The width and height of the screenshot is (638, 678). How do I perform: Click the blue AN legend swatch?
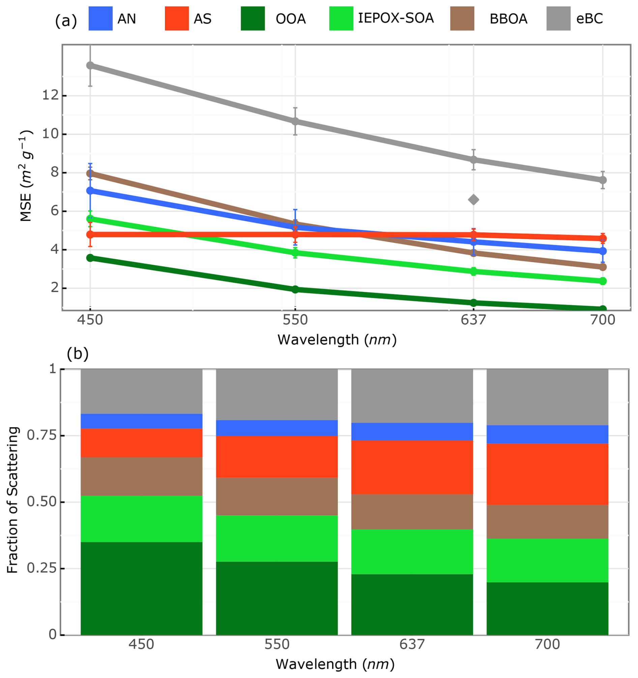click(100, 19)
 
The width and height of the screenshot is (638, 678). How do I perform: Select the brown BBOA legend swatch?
click(462, 19)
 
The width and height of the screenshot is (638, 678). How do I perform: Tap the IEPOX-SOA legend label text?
click(396, 18)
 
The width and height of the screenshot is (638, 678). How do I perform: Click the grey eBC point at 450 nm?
click(90, 65)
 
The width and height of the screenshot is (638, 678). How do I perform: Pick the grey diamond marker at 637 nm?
click(473, 200)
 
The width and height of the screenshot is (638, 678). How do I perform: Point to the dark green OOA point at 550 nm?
click(295, 290)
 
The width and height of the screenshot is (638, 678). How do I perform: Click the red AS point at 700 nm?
click(603, 238)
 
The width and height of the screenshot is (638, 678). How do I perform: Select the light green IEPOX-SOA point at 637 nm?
click(473, 272)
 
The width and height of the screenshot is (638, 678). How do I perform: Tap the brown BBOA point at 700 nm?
click(603, 267)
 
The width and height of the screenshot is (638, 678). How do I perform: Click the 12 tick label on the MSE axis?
click(50, 95)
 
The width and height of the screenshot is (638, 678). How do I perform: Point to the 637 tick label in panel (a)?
click(473, 320)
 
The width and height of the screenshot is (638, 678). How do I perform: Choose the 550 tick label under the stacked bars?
click(277, 645)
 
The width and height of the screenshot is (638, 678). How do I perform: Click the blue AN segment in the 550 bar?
click(277, 428)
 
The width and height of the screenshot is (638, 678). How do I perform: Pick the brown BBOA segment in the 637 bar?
click(412, 512)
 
